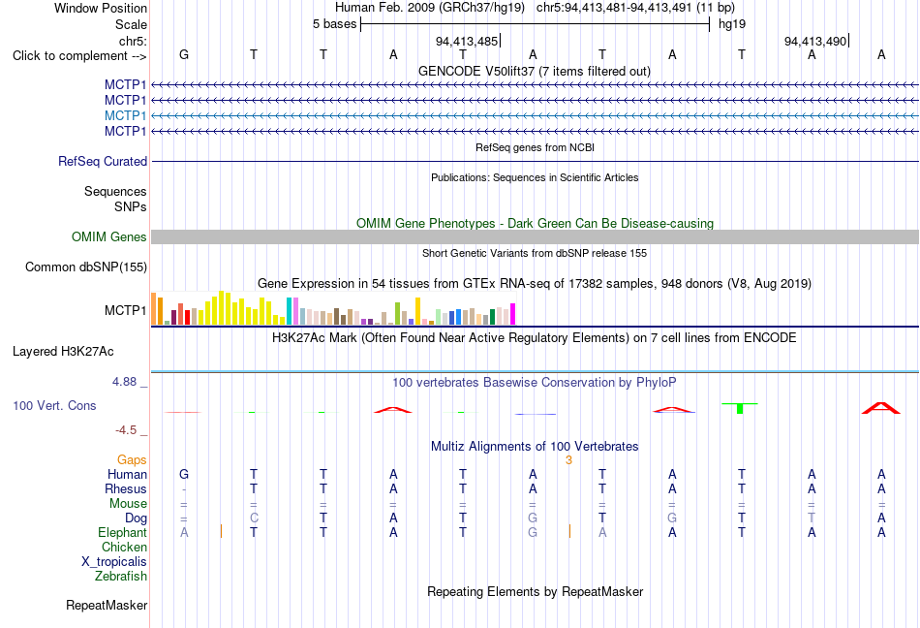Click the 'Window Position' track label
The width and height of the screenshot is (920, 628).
click(x=101, y=8)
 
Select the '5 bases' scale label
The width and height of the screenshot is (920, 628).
click(x=334, y=24)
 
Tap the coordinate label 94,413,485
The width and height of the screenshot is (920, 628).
click(x=467, y=41)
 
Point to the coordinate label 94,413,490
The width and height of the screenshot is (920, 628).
click(x=815, y=41)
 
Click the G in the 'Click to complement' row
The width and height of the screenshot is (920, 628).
click(x=184, y=54)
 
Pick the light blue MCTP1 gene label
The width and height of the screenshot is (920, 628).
click(x=125, y=115)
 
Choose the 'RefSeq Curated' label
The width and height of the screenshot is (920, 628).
click(x=103, y=162)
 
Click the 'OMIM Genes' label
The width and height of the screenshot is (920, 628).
click(x=109, y=236)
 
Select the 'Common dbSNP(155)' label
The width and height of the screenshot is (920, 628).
click(x=86, y=267)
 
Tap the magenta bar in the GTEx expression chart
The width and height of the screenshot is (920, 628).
click(x=513, y=314)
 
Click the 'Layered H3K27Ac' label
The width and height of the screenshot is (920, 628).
click(x=63, y=352)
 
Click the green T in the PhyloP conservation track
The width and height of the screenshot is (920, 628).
click(x=740, y=408)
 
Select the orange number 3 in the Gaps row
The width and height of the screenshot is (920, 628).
click(x=568, y=460)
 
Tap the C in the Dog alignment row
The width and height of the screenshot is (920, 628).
click(x=254, y=518)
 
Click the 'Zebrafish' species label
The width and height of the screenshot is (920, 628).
click(x=121, y=577)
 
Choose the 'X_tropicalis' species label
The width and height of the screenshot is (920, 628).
click(x=114, y=562)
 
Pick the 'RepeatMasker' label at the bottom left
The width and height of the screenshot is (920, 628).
click(x=107, y=605)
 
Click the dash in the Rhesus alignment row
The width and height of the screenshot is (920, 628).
click(x=184, y=489)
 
